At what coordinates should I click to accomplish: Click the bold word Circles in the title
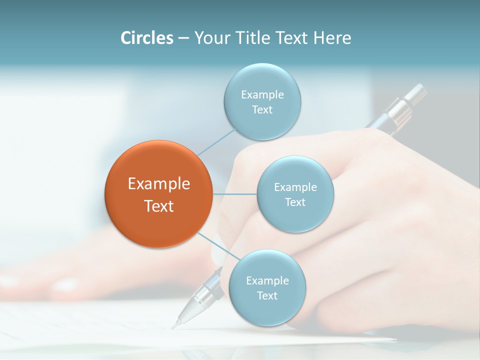146,38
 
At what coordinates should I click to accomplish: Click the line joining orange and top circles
216,141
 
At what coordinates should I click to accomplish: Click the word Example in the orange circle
159,184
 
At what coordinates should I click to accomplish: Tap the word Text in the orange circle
159,206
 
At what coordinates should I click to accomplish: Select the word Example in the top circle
262,94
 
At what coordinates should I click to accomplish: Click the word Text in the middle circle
295,202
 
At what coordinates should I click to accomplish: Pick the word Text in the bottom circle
267,295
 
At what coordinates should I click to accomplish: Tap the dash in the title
183,38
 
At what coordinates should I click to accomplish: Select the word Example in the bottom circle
267,280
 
